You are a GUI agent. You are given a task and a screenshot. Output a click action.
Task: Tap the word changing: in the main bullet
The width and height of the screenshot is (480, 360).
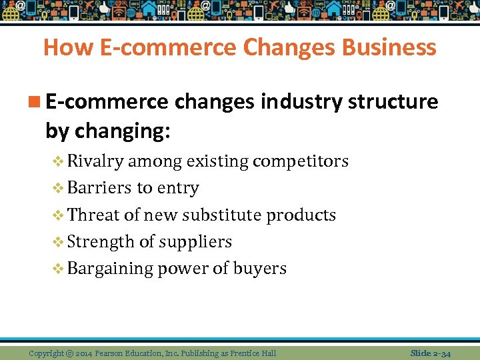[x=123, y=131]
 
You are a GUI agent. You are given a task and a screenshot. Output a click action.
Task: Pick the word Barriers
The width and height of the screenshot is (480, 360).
[x=100, y=188]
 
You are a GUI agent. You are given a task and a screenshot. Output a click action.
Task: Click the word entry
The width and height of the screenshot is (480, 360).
[x=177, y=189]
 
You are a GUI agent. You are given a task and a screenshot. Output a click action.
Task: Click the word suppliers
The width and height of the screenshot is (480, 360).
[x=199, y=242]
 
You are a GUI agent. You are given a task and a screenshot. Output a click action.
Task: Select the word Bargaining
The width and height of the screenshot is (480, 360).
[x=110, y=269]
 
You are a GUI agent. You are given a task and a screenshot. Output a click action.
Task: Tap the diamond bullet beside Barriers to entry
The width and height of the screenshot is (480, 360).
[x=58, y=189]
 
